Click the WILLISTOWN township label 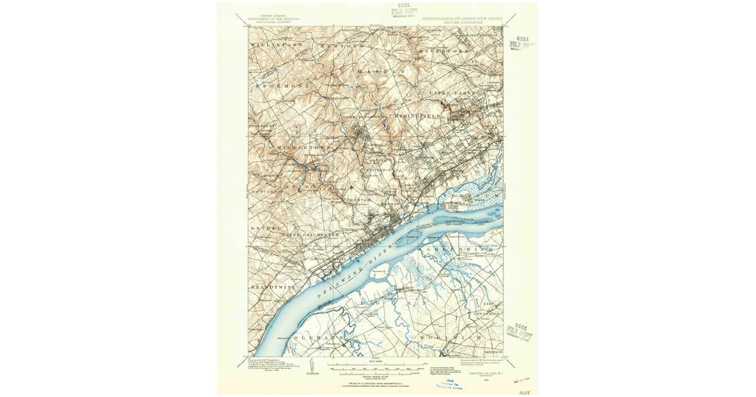click(276, 46)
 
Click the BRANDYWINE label click(272, 287)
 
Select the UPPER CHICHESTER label click(314, 235)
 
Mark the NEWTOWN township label click(344, 47)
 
